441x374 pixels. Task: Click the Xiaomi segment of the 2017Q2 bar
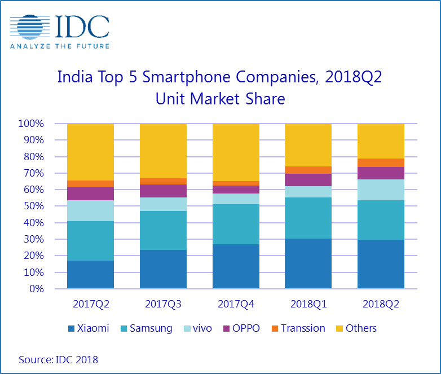pyautogui.click(x=90, y=274)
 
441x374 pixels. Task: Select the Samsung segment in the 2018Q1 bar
pyautogui.click(x=308, y=218)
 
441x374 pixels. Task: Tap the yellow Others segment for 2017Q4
pyautogui.click(x=236, y=152)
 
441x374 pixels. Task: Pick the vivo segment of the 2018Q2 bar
pyautogui.click(x=381, y=190)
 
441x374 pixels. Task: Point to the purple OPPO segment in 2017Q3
pyautogui.click(x=163, y=191)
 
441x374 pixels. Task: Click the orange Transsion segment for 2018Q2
pyautogui.click(x=381, y=162)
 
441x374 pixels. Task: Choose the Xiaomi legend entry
pyautogui.click(x=89, y=328)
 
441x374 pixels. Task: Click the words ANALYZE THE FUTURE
pyautogui.click(x=59, y=45)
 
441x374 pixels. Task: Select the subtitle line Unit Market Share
pyautogui.click(x=220, y=100)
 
